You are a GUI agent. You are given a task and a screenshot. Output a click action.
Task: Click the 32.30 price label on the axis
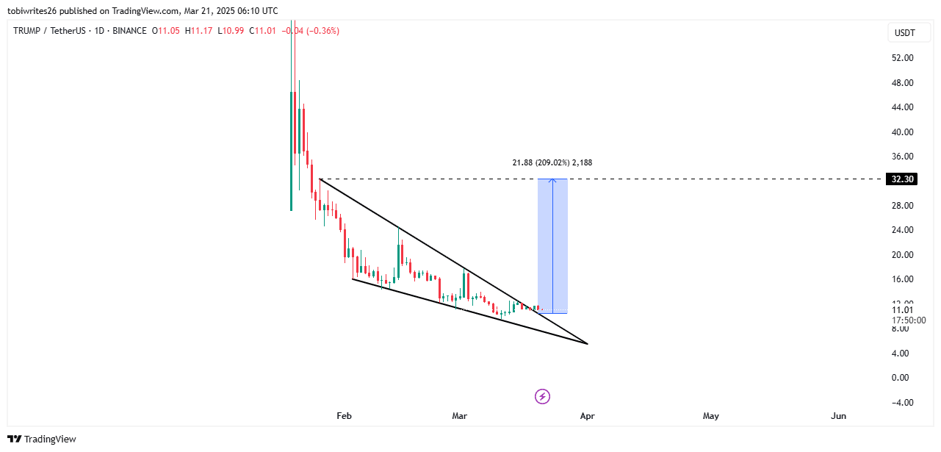pyautogui.click(x=902, y=179)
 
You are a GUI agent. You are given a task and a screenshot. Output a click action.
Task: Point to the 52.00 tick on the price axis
pyautogui.click(x=902, y=58)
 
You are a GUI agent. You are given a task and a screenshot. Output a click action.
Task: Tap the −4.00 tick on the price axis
pyautogui.click(x=902, y=403)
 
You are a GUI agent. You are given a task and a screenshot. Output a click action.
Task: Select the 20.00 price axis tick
pyautogui.click(x=902, y=255)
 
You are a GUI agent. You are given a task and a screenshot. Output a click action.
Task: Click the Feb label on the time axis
pyautogui.click(x=344, y=416)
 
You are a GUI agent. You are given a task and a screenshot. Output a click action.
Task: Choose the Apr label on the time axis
pyautogui.click(x=587, y=416)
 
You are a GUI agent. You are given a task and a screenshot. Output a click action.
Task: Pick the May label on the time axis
pyautogui.click(x=710, y=416)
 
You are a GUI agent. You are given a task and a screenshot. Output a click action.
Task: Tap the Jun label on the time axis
pyautogui.click(x=838, y=416)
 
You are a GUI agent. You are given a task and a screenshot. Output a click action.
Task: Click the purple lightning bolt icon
pyautogui.click(x=542, y=397)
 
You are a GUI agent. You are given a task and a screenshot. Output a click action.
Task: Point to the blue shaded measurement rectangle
pyautogui.click(x=552, y=246)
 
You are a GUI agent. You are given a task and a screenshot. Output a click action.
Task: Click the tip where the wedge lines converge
pyautogui.click(x=588, y=343)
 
